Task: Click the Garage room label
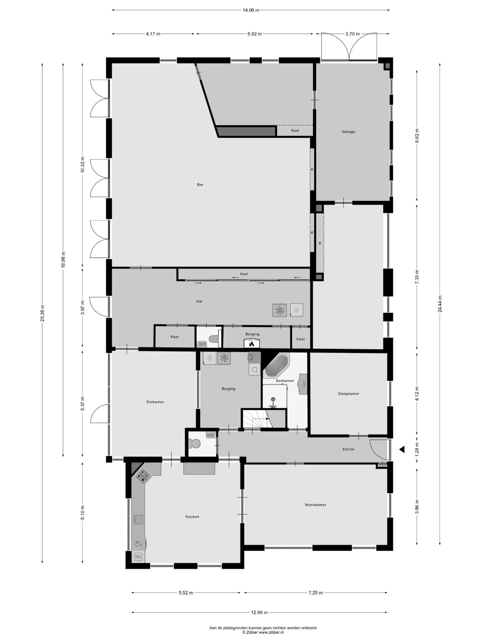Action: click(x=348, y=132)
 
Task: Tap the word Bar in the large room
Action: click(x=200, y=185)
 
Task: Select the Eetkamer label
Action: click(x=155, y=402)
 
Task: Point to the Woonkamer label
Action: click(x=315, y=505)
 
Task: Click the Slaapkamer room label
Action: click(x=348, y=394)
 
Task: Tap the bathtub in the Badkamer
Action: click(x=276, y=365)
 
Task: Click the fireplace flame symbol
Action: click(x=251, y=343)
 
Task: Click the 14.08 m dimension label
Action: click(x=251, y=10)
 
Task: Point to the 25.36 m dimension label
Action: click(x=43, y=313)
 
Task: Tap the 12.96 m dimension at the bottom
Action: click(x=259, y=613)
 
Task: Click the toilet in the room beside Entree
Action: click(x=195, y=444)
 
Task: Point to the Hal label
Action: click(x=199, y=301)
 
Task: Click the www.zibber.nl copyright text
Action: click(x=263, y=633)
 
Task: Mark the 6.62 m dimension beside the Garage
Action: click(x=417, y=136)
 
